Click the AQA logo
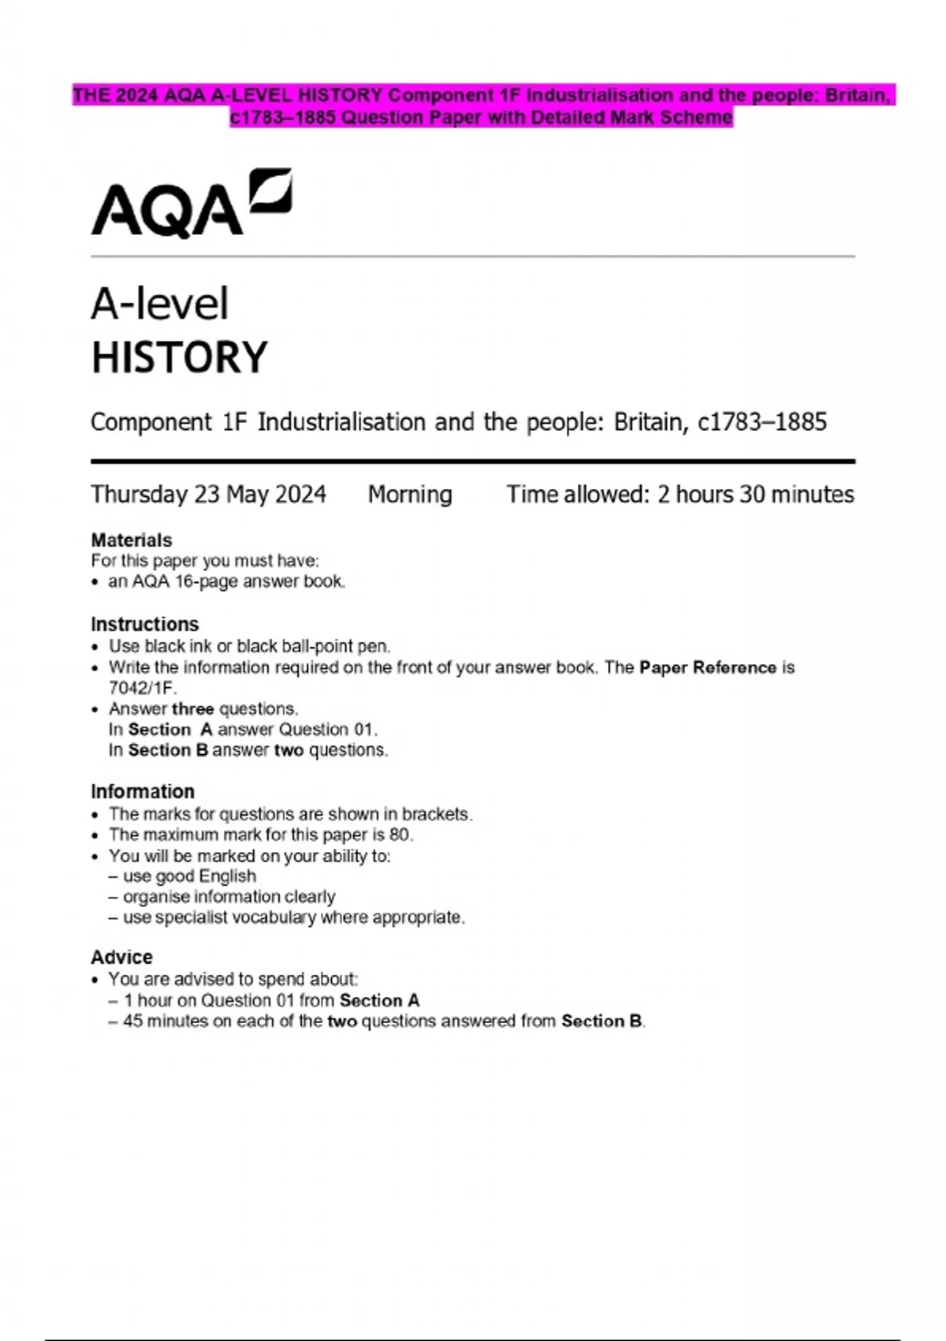click(x=191, y=203)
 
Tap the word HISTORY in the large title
click(x=180, y=357)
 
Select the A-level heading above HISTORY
click(x=160, y=304)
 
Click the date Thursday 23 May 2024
click(x=208, y=495)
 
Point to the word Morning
click(x=410, y=495)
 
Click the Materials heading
click(x=132, y=540)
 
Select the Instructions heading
click(x=145, y=624)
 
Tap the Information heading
click(x=143, y=791)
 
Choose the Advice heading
click(x=121, y=957)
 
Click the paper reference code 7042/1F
click(x=142, y=688)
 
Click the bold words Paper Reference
click(x=708, y=667)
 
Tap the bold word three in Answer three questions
click(x=193, y=708)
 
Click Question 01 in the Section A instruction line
click(x=327, y=729)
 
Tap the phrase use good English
click(x=189, y=876)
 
